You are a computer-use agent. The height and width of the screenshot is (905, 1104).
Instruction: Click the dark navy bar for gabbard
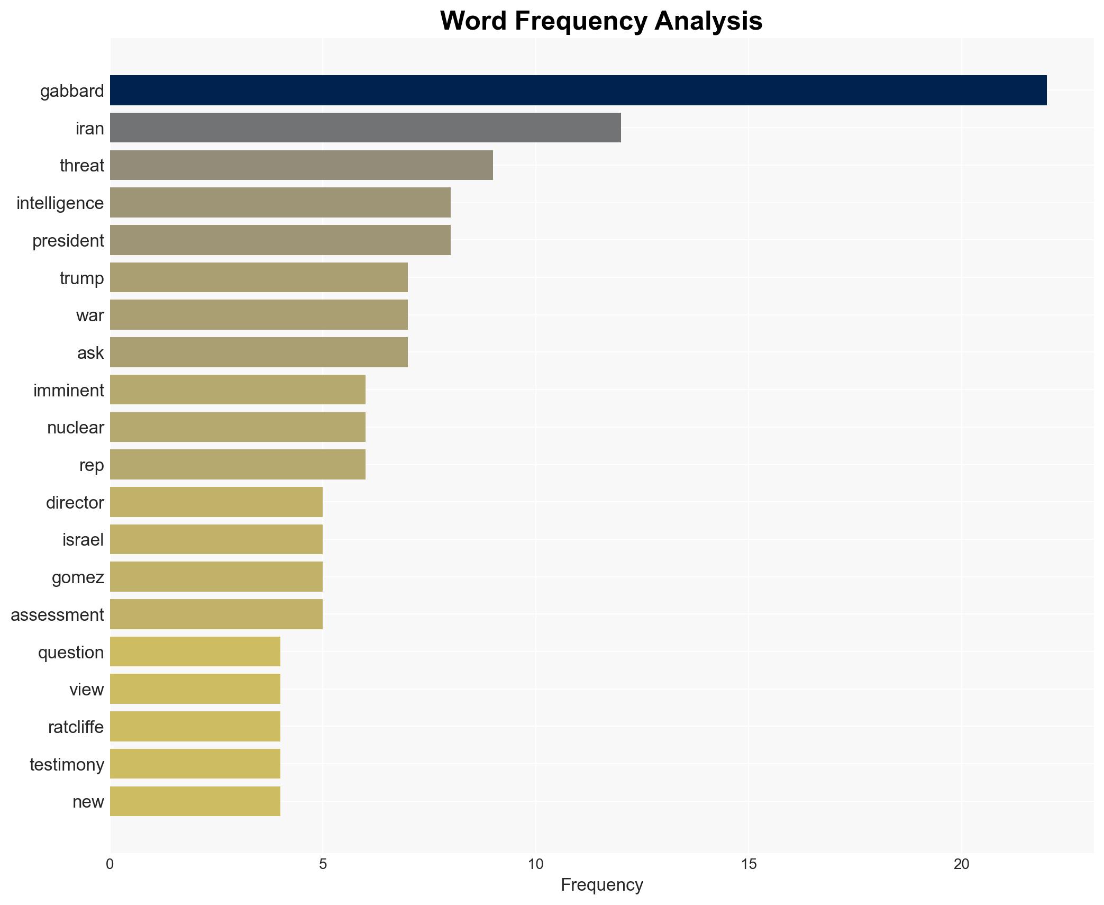coord(578,91)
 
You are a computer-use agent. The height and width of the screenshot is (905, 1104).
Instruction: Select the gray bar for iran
coord(365,128)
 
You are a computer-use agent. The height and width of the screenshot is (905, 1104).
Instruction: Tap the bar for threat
coord(301,165)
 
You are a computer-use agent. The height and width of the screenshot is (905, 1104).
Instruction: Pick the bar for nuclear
coord(238,427)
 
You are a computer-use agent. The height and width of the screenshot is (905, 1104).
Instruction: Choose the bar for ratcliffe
coord(195,727)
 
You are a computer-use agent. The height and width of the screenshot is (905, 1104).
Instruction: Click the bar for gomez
coord(216,577)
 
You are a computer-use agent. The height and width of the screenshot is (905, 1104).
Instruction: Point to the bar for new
coord(195,801)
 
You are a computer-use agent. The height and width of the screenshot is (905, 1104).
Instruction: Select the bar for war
coord(259,315)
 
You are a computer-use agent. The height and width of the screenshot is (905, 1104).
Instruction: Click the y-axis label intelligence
coord(60,203)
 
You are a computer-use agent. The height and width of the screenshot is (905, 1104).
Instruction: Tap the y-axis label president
coord(68,241)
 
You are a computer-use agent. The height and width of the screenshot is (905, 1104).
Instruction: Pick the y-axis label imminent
coord(69,391)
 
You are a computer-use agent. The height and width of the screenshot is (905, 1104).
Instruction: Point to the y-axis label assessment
coord(57,615)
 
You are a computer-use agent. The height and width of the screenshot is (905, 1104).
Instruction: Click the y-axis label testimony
coord(67,765)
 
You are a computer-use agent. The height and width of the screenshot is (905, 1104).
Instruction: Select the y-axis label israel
coord(83,540)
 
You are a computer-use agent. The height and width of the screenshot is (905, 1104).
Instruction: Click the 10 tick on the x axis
coord(535,865)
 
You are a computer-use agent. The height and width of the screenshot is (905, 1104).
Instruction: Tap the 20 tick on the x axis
coord(961,865)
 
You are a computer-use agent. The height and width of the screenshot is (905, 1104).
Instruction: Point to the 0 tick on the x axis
coord(110,865)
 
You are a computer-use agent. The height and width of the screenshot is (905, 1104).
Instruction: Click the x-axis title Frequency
coord(601,885)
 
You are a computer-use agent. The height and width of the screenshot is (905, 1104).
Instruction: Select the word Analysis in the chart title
coord(708,21)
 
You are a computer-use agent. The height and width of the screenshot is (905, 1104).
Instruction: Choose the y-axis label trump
coord(82,278)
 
